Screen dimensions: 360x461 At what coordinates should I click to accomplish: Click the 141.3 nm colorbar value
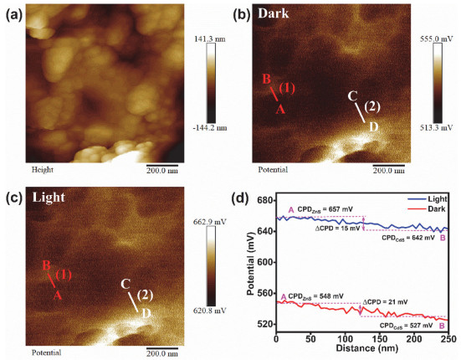[207, 39]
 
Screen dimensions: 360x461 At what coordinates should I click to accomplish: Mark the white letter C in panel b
[352, 97]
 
